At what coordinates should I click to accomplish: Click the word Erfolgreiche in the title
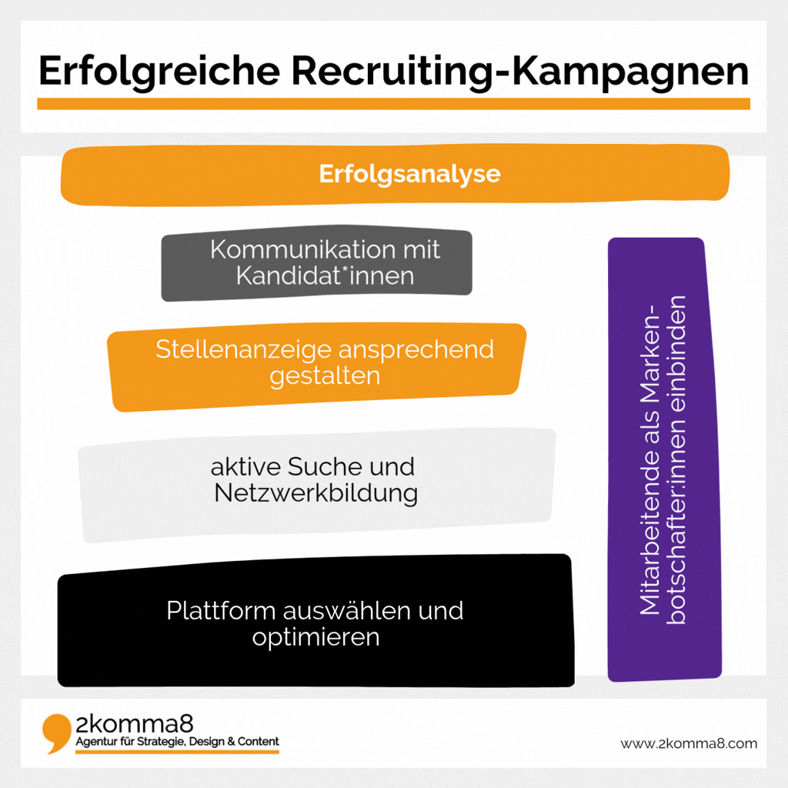[x=159, y=72]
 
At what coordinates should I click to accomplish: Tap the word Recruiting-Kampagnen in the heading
[x=520, y=72]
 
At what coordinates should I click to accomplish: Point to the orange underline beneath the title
[x=393, y=104]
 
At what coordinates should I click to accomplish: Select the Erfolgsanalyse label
[x=409, y=175]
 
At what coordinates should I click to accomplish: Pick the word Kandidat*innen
[x=326, y=275]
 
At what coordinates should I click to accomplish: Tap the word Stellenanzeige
[x=244, y=349]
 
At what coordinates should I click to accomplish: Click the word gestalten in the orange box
[x=325, y=376]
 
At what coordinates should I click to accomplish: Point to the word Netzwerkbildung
[x=316, y=493]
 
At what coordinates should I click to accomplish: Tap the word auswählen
[x=347, y=610]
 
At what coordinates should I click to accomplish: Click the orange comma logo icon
[x=56, y=733]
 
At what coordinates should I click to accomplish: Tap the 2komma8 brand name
[x=134, y=725]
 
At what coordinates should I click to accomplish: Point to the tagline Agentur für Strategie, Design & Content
[x=178, y=742]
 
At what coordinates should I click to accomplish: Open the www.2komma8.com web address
[x=689, y=743]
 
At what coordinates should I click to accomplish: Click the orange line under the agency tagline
[x=178, y=752]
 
